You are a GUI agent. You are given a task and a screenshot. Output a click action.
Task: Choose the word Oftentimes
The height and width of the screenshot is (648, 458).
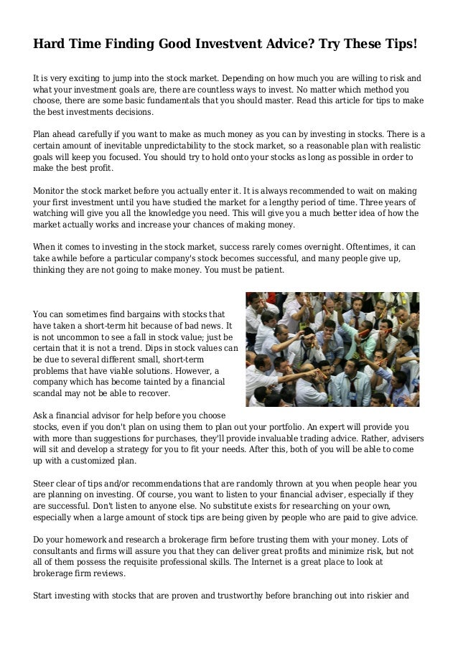pos(368,246)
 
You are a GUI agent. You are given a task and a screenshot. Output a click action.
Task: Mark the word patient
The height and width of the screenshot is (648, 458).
pos(267,271)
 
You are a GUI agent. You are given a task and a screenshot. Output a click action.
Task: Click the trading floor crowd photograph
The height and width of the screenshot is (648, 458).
pos(332,349)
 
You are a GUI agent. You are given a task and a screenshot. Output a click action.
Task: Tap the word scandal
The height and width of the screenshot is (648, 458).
pos(52,394)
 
